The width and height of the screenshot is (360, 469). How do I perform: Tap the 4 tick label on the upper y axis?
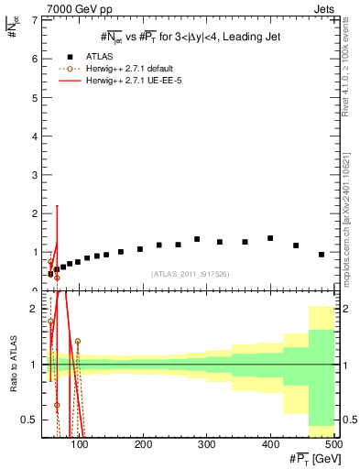click(x=34, y=136)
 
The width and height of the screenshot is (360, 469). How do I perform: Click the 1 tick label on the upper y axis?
click(x=34, y=252)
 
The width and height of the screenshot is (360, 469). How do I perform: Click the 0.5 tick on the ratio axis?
click(x=30, y=420)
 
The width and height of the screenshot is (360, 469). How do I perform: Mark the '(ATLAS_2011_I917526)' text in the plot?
click(x=190, y=274)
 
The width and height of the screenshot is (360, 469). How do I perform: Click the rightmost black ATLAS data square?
click(x=322, y=255)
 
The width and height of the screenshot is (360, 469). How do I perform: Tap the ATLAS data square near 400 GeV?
click(x=270, y=238)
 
